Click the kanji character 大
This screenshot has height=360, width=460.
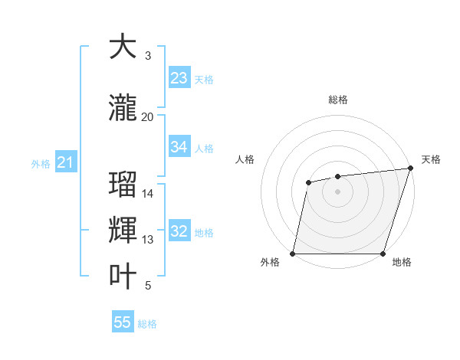pos(123,47)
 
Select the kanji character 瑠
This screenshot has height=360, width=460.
pos(123,185)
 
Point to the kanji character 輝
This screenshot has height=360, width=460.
pos(123,231)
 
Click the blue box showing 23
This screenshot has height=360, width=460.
pos(179,78)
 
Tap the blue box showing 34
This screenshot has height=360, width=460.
pos(179,147)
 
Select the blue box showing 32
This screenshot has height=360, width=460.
pos(179,232)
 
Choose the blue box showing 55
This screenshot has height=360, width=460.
pos(123,322)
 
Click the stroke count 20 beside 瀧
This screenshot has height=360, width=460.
pos(147,116)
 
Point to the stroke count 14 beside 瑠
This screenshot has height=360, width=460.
pos(148,193)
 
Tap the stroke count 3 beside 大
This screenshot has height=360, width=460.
pos(148,56)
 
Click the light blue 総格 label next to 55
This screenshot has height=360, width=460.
pos(147,324)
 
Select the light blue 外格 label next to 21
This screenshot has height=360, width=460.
pos(41,164)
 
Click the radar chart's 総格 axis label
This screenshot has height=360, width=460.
pos(337,100)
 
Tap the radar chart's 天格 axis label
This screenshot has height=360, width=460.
pos(431,159)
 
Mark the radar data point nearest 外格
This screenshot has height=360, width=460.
pos(293,253)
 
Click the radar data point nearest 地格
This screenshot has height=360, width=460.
pos(383,253)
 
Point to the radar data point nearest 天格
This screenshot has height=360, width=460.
pos(410,169)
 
